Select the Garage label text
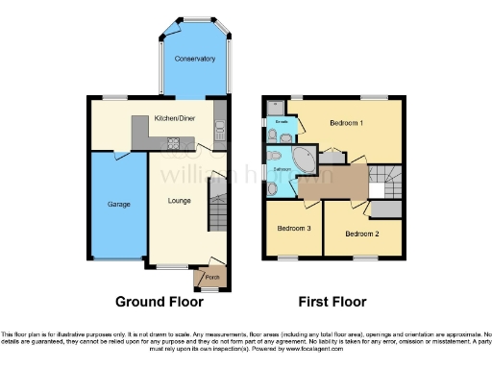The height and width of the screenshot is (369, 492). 118,204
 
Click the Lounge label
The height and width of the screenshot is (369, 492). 178,201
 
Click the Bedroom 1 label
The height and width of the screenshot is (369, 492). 346,123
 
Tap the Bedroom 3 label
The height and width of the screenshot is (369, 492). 294,228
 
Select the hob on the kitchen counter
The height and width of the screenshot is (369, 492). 175,145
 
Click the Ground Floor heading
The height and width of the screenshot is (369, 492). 160,302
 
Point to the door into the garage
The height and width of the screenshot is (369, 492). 119,156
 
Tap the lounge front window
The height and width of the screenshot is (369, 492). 174,266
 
